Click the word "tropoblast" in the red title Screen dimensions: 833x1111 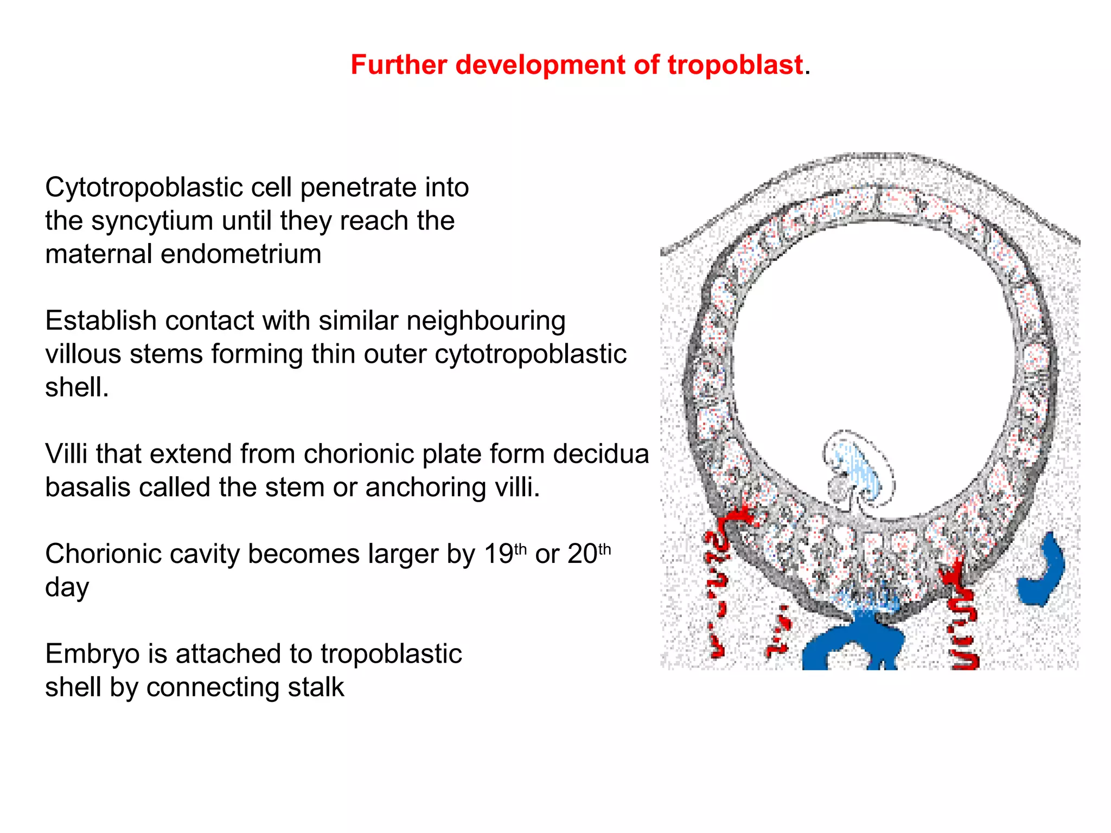735,65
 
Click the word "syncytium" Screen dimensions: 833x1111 152,221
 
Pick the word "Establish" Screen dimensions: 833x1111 101,321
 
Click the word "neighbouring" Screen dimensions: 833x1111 486,321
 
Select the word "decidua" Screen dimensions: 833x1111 601,454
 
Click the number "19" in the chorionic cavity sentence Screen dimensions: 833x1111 498,554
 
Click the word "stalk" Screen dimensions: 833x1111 316,687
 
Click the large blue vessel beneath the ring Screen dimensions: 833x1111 852,643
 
